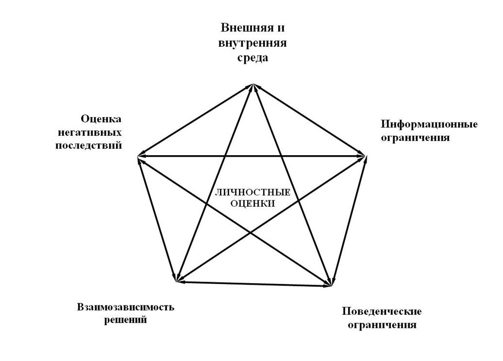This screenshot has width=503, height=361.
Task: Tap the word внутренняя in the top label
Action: (x=252, y=43)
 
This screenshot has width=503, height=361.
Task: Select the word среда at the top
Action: (x=252, y=58)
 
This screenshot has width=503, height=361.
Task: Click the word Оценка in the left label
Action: (x=101, y=119)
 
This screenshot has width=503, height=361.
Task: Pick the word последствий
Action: (x=88, y=145)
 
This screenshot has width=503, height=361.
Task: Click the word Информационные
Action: (x=429, y=124)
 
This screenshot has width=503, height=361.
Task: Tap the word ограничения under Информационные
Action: (x=415, y=138)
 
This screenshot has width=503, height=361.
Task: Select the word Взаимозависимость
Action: (x=125, y=307)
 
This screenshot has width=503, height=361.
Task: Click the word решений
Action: (x=126, y=320)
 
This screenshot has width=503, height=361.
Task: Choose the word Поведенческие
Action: (x=382, y=311)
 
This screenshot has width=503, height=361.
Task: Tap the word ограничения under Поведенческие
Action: (x=382, y=325)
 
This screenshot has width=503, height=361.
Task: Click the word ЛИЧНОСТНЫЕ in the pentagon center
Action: (x=252, y=193)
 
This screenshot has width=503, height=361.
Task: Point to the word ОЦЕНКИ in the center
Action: (x=252, y=204)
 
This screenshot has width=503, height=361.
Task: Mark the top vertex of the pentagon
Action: (x=252, y=84)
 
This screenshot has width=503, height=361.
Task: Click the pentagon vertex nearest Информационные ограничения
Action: (x=366, y=156)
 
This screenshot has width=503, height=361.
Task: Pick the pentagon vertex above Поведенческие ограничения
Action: (x=333, y=286)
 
